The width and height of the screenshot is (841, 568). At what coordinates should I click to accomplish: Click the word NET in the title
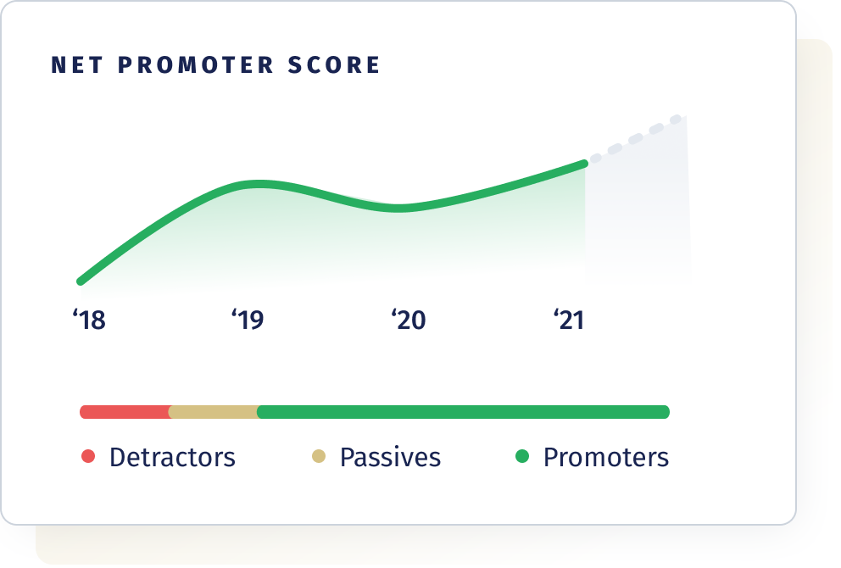(x=76, y=65)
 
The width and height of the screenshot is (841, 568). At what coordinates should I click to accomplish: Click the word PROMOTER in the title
(x=196, y=65)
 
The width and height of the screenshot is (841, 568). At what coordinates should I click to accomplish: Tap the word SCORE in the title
(x=334, y=65)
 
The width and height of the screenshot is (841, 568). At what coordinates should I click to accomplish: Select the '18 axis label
(x=89, y=320)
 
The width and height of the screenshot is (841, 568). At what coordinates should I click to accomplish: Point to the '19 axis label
(x=248, y=320)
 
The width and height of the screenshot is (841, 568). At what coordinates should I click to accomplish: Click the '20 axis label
(x=409, y=320)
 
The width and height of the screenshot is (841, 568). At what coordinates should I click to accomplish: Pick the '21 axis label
(x=569, y=320)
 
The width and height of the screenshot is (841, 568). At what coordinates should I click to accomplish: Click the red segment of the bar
(x=125, y=412)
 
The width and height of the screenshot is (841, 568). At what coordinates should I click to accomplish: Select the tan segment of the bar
(x=214, y=412)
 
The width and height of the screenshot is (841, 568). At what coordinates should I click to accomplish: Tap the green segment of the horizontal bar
(x=464, y=412)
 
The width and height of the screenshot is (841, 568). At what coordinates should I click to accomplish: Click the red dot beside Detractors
(x=88, y=456)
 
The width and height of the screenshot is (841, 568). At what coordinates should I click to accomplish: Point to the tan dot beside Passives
(x=319, y=456)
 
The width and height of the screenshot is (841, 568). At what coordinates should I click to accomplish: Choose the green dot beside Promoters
(x=522, y=456)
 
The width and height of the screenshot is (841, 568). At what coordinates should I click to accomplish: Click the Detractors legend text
(x=173, y=458)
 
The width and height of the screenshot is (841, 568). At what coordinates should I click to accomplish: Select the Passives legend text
(x=391, y=459)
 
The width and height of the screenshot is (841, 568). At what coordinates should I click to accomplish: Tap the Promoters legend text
(x=606, y=458)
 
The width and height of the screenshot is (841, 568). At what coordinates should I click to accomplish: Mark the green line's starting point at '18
(x=81, y=281)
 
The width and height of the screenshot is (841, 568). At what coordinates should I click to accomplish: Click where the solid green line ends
(x=585, y=164)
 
